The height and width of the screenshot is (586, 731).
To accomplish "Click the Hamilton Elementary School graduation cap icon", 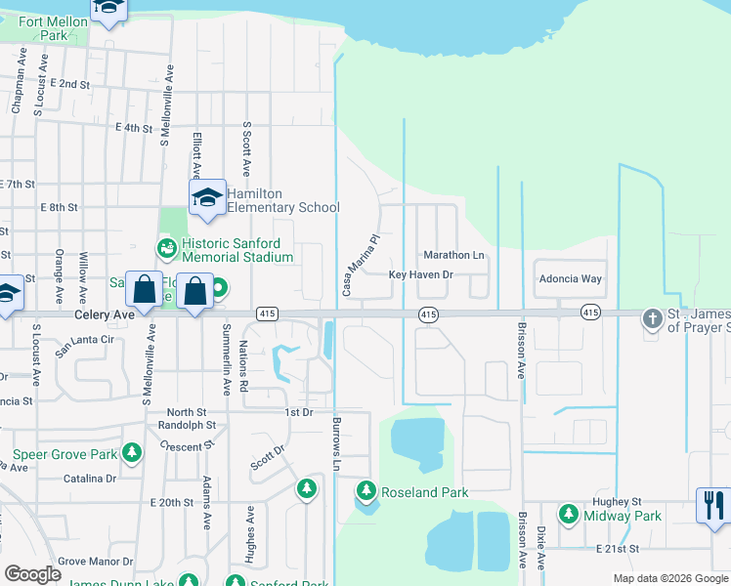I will pos(207,198).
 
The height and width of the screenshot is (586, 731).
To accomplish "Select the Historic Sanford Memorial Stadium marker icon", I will pos(167,249).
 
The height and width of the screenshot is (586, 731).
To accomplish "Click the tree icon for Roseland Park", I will pos(366,489).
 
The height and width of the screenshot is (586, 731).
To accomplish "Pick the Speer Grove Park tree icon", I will pos(131,453).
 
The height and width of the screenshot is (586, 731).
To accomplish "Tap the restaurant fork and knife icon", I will pos(714,505).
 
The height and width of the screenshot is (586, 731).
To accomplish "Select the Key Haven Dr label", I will pos(421,275).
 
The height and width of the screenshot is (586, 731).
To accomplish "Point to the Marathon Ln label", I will pos(453,255).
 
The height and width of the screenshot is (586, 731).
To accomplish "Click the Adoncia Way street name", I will pos(571,278).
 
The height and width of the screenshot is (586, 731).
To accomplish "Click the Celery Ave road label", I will pos(104,315).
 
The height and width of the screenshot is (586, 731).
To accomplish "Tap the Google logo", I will pos(33,574).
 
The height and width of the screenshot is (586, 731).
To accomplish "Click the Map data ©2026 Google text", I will pos(670,578).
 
